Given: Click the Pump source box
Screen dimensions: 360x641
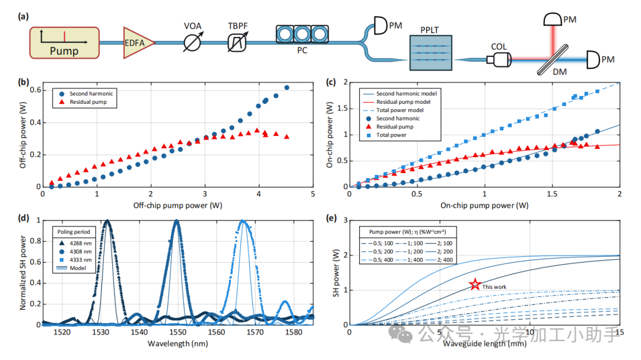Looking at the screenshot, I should (64, 43).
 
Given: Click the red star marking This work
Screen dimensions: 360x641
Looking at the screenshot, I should (474, 285).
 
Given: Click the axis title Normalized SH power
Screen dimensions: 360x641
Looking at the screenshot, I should (24, 272).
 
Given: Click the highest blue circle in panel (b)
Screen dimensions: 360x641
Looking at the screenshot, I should (287, 88).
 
